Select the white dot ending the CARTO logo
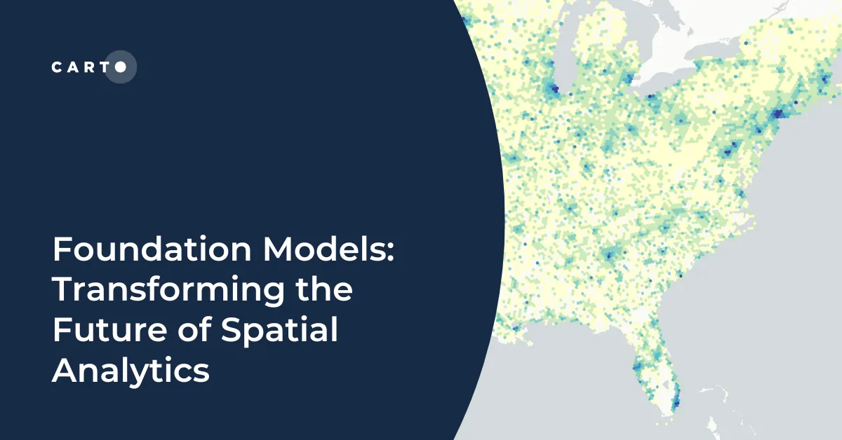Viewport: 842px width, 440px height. (121, 67)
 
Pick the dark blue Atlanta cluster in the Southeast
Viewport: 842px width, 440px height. (609, 254)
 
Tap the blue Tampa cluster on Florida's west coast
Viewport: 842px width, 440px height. (639, 364)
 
